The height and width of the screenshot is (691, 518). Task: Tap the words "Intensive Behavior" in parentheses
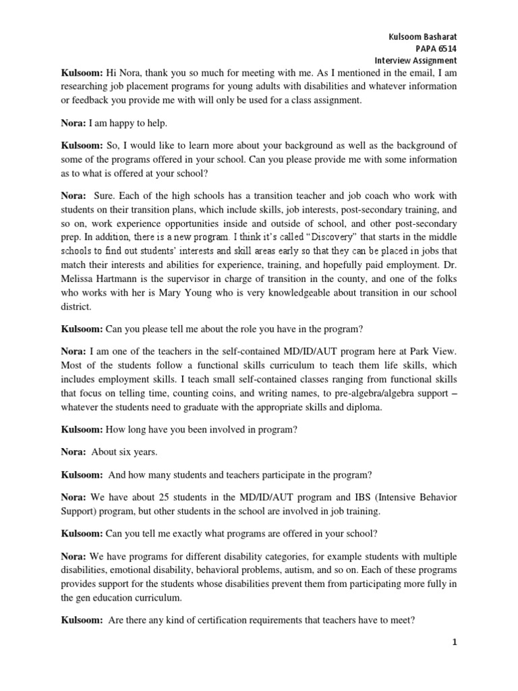click(415, 497)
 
